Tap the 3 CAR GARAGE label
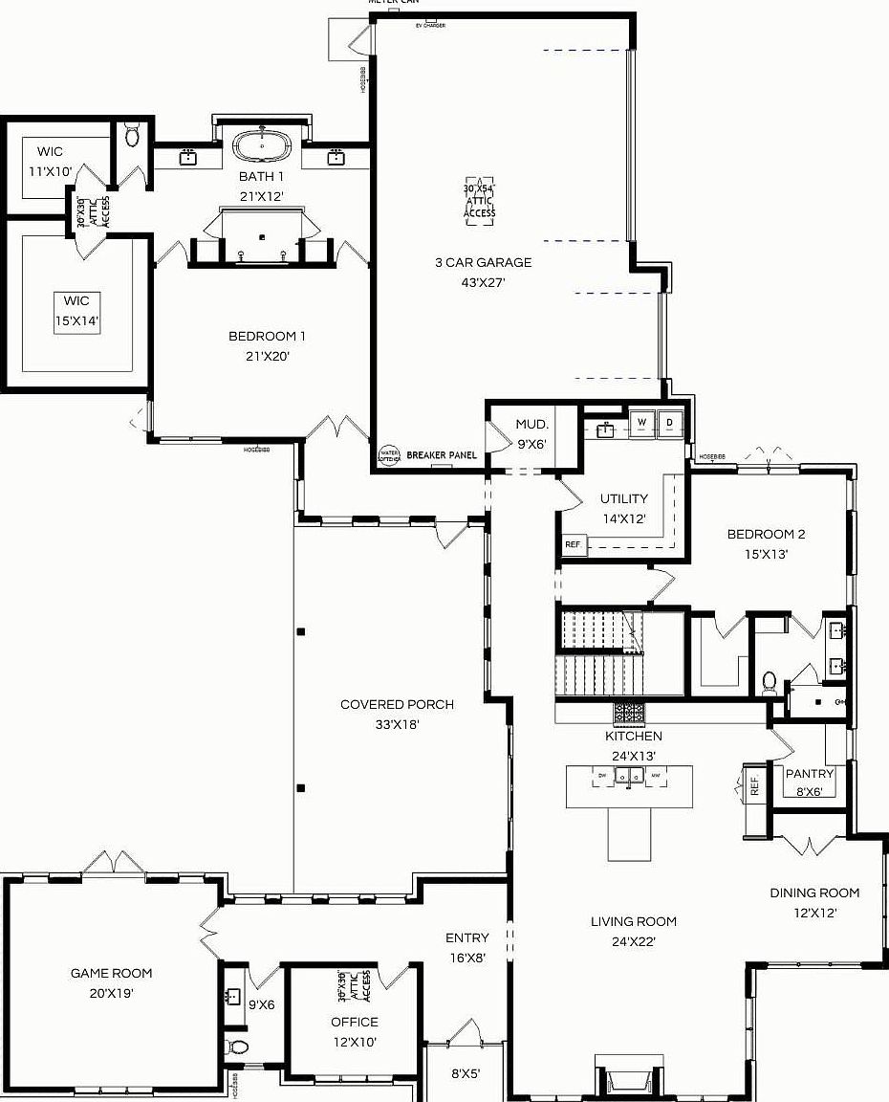tap(483, 262)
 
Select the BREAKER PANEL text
tap(442, 455)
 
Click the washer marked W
tap(641, 422)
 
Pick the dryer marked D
tap(670, 422)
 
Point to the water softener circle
tap(389, 455)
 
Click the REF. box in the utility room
tap(574, 543)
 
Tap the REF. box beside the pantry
tap(754, 786)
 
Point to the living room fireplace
tap(628, 1079)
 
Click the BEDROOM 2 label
tap(759, 534)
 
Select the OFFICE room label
tap(355, 1022)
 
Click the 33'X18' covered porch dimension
tap(397, 724)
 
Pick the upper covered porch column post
tap(301, 631)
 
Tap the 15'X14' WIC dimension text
tap(76, 321)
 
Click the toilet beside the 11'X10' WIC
tap(132, 137)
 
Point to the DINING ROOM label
tap(814, 893)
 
